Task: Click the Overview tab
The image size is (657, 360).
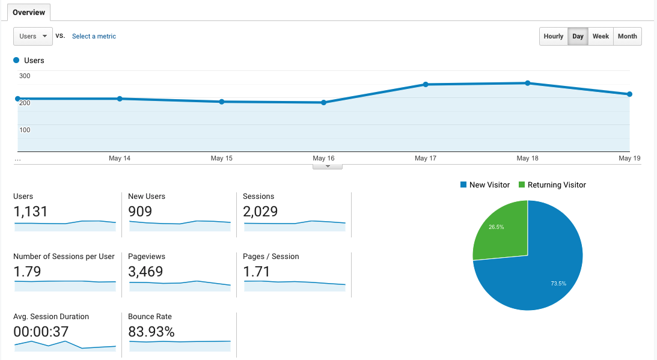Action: [29, 12]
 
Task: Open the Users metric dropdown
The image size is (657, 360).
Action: [33, 36]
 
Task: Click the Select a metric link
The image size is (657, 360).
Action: [94, 36]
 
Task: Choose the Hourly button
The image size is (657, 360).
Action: [553, 36]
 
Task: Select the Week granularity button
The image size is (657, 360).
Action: [600, 36]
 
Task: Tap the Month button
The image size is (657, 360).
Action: [627, 36]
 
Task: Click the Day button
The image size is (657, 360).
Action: [578, 36]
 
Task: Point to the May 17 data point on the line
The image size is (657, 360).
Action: [426, 85]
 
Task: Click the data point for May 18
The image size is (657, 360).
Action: [527, 83]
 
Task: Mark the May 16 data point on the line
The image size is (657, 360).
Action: [323, 103]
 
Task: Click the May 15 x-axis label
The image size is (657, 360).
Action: [221, 158]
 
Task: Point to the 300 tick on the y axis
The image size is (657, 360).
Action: [25, 76]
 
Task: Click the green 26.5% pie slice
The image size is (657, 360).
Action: [502, 231]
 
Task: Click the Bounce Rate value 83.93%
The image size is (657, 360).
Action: [151, 332]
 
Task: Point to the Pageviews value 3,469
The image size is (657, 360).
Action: [145, 272]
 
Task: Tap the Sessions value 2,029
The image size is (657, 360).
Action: [260, 212]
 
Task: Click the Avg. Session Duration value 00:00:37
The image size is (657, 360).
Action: [41, 332]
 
